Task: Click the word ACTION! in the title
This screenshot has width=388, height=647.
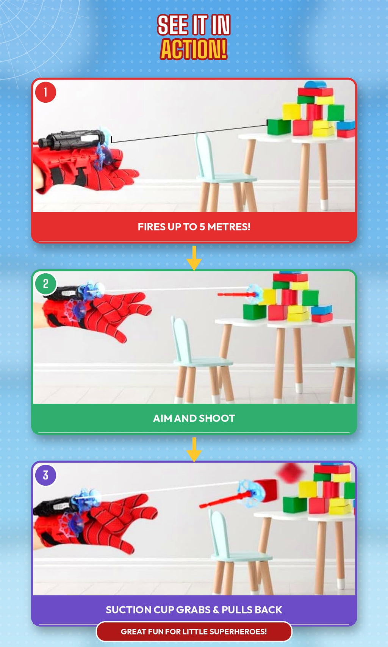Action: tap(194, 49)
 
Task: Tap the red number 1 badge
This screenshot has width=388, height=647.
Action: tap(45, 92)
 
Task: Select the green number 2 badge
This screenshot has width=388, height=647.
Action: tap(45, 284)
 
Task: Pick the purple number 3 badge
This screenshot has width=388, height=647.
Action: tap(45, 475)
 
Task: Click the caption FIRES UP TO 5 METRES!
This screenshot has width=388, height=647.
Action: tap(194, 227)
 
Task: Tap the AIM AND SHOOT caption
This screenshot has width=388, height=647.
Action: tap(194, 418)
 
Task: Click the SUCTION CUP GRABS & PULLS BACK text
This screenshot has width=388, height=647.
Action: tap(194, 610)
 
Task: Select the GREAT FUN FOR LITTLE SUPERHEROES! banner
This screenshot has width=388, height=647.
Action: tap(194, 631)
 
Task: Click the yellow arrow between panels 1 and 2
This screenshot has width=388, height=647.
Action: tap(194, 258)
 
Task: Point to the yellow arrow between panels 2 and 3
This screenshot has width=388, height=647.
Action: tap(194, 450)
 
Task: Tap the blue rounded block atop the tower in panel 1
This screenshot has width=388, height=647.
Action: tap(315, 85)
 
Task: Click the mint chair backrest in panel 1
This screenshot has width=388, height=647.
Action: tap(205, 155)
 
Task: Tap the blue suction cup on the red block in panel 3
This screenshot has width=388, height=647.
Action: tap(248, 493)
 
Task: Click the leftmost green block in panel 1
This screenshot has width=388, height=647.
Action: tap(279, 127)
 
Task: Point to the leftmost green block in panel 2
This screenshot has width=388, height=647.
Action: tap(255, 311)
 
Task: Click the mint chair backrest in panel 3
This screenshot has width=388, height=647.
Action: tap(219, 531)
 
